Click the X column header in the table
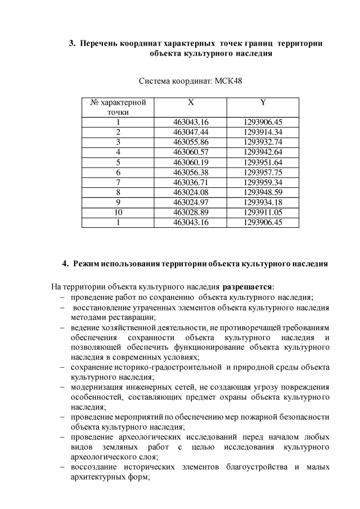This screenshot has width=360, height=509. (x=191, y=102)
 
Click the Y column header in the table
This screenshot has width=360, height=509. (x=263, y=102)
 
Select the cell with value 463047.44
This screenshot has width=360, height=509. (x=191, y=132)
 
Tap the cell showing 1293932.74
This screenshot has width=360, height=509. (x=263, y=142)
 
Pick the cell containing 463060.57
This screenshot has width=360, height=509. (x=191, y=152)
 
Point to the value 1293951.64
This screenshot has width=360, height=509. (x=263, y=162)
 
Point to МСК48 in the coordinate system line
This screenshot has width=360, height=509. (x=229, y=81)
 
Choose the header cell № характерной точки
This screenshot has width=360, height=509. (x=118, y=107)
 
